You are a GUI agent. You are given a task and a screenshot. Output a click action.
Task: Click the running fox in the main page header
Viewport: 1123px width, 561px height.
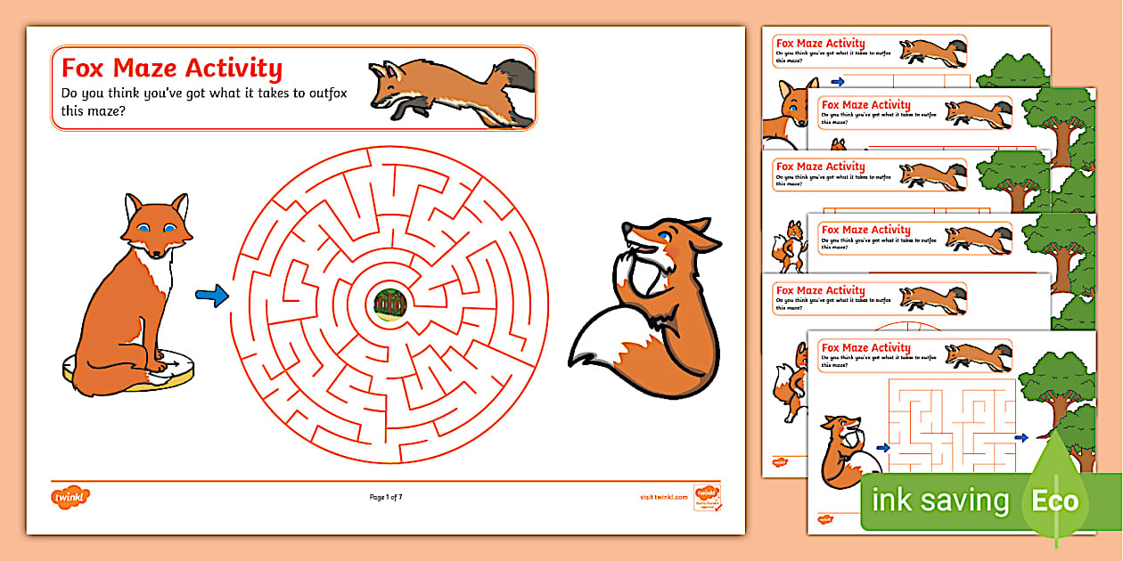tap(450, 87)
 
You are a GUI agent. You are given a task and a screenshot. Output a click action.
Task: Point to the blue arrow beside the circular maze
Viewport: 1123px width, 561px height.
tap(211, 296)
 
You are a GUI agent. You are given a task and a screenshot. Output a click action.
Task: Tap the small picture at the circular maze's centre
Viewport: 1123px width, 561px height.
tap(389, 304)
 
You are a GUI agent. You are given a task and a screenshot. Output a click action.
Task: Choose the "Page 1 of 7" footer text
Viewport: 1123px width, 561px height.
tap(392, 497)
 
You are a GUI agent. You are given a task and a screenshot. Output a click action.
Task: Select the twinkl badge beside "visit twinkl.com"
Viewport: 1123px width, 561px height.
tap(707, 495)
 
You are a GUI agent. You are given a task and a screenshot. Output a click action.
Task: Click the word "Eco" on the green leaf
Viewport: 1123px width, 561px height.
tap(1056, 500)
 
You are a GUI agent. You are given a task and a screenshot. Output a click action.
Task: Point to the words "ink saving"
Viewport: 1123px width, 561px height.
tap(939, 501)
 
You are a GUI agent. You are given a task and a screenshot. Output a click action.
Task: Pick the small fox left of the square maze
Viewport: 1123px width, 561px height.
tap(847, 449)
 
